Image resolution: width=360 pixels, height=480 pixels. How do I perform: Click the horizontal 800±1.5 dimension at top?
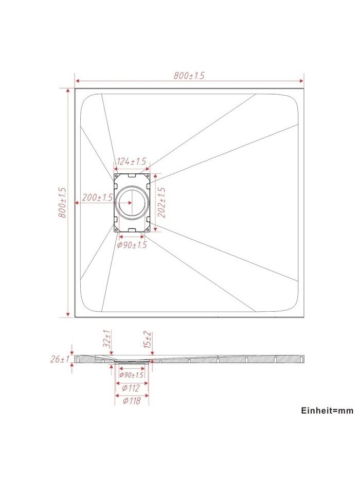pyautogui.click(x=189, y=76)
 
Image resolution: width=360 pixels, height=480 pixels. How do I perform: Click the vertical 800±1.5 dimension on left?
pyautogui.click(x=62, y=203)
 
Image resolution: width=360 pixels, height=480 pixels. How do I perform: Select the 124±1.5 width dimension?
pyautogui.click(x=131, y=162)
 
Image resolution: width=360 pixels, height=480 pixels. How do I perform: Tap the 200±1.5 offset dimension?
pyautogui.click(x=97, y=198)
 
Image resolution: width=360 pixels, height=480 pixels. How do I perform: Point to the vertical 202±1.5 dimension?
pyautogui.click(x=161, y=203)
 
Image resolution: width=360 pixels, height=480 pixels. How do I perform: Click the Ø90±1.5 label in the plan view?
pyautogui.click(x=132, y=245)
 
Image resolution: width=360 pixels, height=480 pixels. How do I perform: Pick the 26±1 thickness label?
pyautogui.click(x=60, y=359)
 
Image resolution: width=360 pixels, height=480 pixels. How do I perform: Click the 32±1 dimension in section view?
pyautogui.click(x=107, y=339)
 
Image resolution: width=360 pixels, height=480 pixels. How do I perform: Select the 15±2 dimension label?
pyautogui.click(x=147, y=340)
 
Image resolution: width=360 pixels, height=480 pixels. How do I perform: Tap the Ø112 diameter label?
pyautogui.click(x=131, y=388)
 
